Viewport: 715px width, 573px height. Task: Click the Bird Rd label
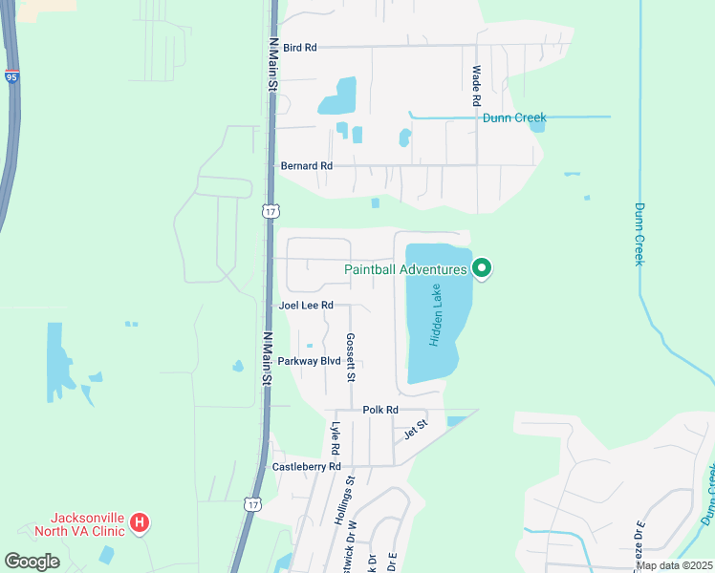tap(299, 47)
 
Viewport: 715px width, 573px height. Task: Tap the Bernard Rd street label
tap(307, 166)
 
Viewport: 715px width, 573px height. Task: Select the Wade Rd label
tap(475, 86)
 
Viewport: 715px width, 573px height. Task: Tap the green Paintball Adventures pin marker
tap(482, 269)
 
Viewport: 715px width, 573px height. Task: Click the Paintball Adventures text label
tap(405, 269)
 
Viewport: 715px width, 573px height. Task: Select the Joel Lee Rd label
tap(306, 306)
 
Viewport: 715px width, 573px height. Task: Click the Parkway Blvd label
tap(309, 361)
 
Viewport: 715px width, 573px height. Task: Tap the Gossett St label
tap(351, 357)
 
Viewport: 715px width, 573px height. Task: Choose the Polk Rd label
tap(379, 410)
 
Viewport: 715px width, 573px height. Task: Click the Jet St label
tap(416, 428)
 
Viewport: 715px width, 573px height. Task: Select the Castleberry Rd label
tap(307, 467)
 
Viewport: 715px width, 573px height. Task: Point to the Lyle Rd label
tap(336, 438)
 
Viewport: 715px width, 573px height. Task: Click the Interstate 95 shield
tap(11, 76)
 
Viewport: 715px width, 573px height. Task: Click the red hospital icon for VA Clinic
tap(140, 522)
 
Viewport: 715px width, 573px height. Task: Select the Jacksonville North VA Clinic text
tap(82, 523)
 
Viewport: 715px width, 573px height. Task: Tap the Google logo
tap(32, 562)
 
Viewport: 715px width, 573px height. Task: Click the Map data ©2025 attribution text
tap(674, 565)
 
